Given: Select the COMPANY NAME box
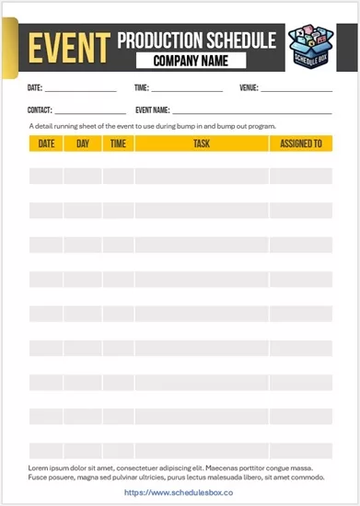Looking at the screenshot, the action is pyautogui.click(x=191, y=62).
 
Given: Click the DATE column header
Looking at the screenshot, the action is pyautogui.click(x=46, y=144).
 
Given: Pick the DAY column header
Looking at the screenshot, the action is pyautogui.click(x=83, y=144).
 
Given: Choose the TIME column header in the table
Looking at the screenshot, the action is pyautogui.click(x=118, y=144).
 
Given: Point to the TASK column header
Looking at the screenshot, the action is pyautogui.click(x=202, y=144).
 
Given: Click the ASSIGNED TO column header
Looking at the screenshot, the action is pyautogui.click(x=300, y=144).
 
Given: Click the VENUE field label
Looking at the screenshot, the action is pyautogui.click(x=249, y=89).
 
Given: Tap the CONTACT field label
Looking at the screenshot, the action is pyautogui.click(x=40, y=110).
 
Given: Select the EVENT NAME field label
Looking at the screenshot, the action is pyautogui.click(x=153, y=110).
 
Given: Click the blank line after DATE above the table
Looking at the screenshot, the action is pyautogui.click(x=81, y=91).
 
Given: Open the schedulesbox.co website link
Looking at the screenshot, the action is pyautogui.click(x=179, y=493).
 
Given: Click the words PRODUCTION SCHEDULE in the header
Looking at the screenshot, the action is pyautogui.click(x=196, y=40).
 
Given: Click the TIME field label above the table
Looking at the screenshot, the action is pyautogui.click(x=141, y=89).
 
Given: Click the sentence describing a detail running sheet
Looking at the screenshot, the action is pyautogui.click(x=152, y=125).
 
